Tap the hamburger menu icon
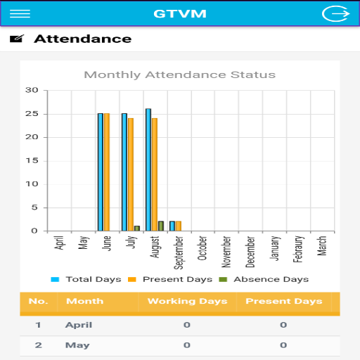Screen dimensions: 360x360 [x=20, y=14]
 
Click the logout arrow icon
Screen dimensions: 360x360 [x=336, y=13]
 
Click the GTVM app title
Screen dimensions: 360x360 [x=180, y=14]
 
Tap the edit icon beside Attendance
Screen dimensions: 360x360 [x=17, y=39]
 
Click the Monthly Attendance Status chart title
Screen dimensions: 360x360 [x=180, y=75]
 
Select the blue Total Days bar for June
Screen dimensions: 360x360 [x=101, y=172]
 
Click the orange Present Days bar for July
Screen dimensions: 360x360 [x=131, y=174]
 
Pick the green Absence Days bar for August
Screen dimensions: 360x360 [x=161, y=226]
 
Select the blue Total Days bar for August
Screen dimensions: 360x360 [x=148, y=170]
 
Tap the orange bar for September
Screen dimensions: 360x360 [x=179, y=226]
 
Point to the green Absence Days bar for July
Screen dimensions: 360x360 [x=137, y=229]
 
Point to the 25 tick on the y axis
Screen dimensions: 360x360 [x=32, y=114]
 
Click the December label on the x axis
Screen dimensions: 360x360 [x=250, y=252]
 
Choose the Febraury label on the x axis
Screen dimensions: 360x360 [x=298, y=249]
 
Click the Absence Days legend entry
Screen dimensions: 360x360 [x=264, y=279]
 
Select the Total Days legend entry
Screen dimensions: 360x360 [x=86, y=279]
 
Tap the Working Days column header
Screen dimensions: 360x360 [x=188, y=301]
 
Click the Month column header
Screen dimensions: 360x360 [x=85, y=301]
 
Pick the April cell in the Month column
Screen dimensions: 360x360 [x=79, y=325]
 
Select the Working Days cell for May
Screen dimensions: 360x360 [x=187, y=345]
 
